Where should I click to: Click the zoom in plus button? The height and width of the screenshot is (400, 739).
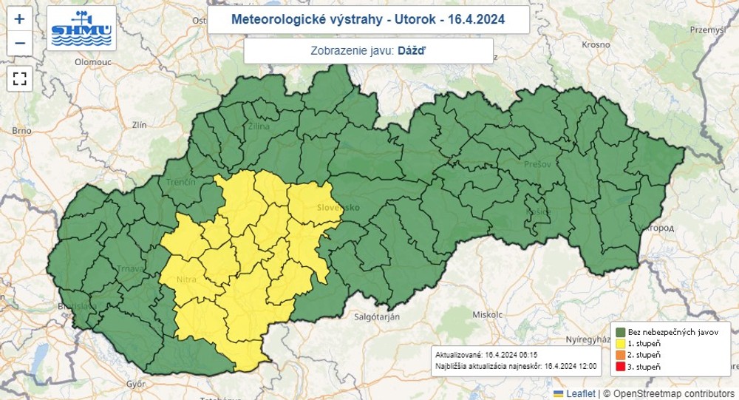pyautogui.click(x=20, y=19)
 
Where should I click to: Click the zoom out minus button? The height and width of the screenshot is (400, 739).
pyautogui.click(x=20, y=43)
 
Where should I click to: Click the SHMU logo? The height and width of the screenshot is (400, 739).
pyautogui.click(x=81, y=29)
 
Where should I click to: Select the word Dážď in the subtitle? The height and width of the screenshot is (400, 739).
pyautogui.click(x=412, y=50)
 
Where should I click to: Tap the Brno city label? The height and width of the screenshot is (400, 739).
pyautogui.click(x=21, y=130)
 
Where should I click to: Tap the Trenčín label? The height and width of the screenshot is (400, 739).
pyautogui.click(x=180, y=182)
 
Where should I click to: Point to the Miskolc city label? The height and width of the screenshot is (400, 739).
pyautogui.click(x=486, y=314)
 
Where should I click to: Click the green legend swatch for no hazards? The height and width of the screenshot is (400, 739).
pyautogui.click(x=620, y=331)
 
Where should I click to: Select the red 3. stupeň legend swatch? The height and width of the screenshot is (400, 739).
pyautogui.click(x=620, y=366)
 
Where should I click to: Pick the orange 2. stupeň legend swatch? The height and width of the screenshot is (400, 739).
pyautogui.click(x=620, y=354)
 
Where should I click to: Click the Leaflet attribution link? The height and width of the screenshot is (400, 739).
pyautogui.click(x=580, y=393)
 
